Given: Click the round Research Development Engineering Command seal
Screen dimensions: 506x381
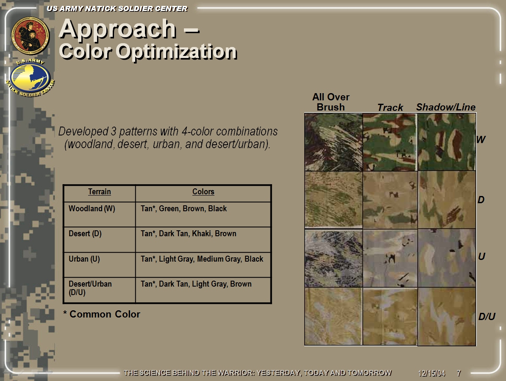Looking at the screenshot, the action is tap(31, 36).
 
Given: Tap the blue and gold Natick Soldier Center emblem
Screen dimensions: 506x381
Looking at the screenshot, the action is tap(31, 78).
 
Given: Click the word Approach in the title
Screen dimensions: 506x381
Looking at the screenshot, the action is tap(117, 30).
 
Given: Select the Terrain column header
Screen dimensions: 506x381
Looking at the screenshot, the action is tap(100, 192).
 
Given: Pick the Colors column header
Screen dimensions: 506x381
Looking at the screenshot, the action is tap(203, 192).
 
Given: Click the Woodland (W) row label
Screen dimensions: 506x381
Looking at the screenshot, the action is tap(92, 209).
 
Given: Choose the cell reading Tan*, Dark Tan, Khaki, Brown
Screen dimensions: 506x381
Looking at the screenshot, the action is tap(189, 234).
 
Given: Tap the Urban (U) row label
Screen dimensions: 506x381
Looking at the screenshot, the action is tap(84, 259).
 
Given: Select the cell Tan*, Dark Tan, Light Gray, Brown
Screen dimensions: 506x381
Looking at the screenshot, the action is tap(196, 284).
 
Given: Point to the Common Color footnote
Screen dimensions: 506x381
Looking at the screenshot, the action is tap(102, 314).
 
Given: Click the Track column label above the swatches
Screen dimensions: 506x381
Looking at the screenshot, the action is tap(390, 108).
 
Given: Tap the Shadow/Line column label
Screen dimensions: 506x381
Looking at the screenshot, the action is tap(446, 107).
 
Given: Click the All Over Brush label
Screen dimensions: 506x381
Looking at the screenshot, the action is tap(331, 102).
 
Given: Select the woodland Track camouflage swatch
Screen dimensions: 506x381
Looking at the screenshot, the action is tap(390, 142).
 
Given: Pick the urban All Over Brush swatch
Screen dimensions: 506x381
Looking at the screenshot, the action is tap(334, 258).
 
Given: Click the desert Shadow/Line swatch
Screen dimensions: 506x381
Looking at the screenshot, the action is tap(447, 200).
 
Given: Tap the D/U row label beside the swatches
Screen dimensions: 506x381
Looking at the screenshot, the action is tap(487, 317).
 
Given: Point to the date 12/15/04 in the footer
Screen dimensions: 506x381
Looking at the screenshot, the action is tap(432, 373).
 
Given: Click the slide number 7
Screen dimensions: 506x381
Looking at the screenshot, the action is tap(459, 373).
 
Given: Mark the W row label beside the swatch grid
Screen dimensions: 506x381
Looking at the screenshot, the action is tap(481, 140).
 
